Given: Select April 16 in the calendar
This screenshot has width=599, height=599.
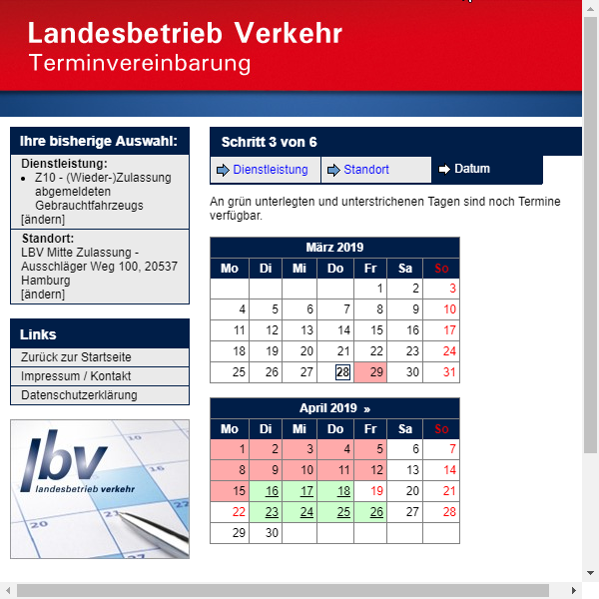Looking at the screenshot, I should tap(272, 491).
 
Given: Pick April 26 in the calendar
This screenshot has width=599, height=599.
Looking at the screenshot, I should tap(376, 512).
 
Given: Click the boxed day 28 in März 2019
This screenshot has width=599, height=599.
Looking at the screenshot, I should tap(343, 372).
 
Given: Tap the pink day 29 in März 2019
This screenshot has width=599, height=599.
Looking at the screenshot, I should tap(376, 372).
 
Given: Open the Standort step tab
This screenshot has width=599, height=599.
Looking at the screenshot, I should tap(366, 170).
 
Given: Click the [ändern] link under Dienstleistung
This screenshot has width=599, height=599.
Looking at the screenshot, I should tap(43, 219).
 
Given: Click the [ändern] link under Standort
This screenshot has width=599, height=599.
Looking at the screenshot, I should tap(43, 295).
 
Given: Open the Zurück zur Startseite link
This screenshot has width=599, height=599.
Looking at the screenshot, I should tap(76, 357).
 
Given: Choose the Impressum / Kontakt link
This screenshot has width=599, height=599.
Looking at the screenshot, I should tap(76, 376).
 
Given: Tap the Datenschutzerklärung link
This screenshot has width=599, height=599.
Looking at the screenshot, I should tap(79, 395).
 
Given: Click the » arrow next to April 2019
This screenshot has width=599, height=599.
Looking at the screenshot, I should tap(366, 408).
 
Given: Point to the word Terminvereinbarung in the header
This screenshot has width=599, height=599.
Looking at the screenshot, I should tap(140, 64).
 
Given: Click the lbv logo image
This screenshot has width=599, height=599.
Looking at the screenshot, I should tap(100, 489).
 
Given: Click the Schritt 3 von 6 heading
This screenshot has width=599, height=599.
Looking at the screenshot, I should tap(270, 142).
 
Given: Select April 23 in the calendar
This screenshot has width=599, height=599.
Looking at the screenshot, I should tap(272, 512).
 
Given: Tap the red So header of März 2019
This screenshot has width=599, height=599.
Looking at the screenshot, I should tap(442, 269).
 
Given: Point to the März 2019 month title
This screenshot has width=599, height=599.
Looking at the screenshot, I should tap(334, 248).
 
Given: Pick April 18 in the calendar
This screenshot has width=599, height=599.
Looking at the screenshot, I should tap(343, 491).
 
